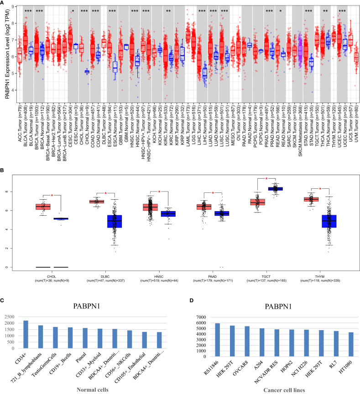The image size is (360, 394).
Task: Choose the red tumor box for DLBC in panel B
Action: [x=96, y=201]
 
